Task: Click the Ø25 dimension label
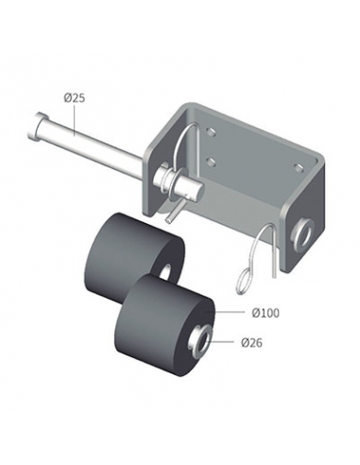coord(75,98)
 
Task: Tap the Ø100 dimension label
coord(266,313)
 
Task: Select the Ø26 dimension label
coord(251,342)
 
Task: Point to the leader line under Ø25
coord(75,121)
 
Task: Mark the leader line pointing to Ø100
coord(230,312)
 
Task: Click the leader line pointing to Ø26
coord(221,341)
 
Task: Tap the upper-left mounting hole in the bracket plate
coord(211,130)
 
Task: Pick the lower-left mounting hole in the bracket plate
coord(212,163)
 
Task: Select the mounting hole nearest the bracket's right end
coord(298,166)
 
